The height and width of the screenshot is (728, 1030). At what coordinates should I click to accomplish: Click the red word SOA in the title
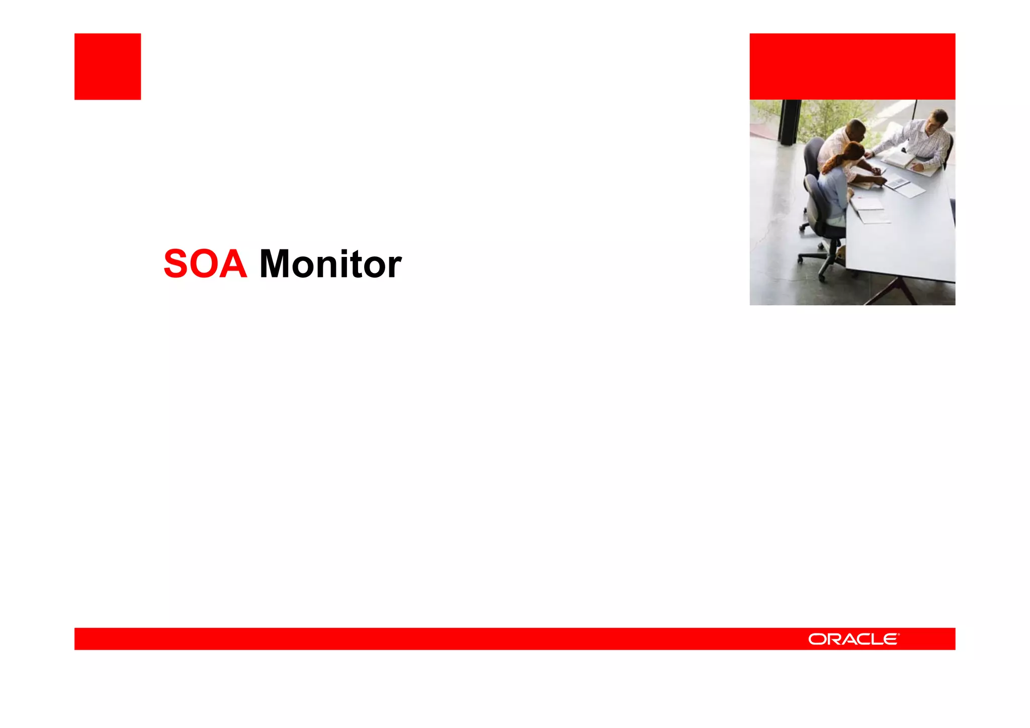[x=205, y=264]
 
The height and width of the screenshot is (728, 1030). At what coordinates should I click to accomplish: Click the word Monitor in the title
[x=330, y=264]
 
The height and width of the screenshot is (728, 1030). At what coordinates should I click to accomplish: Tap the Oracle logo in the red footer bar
[x=853, y=639]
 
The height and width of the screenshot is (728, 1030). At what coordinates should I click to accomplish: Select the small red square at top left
[x=108, y=66]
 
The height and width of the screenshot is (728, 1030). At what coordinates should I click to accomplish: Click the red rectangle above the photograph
[x=852, y=66]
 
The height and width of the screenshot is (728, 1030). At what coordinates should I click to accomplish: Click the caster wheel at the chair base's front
[x=822, y=276]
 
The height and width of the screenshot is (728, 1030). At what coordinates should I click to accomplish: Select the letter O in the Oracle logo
[x=817, y=639]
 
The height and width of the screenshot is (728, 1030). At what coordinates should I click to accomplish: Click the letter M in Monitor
[x=274, y=264]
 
